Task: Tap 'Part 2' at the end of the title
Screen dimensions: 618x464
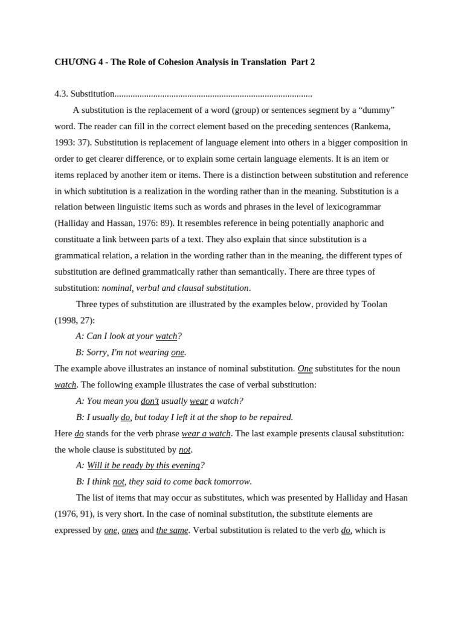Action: (x=303, y=62)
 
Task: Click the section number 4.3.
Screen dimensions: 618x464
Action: (x=61, y=94)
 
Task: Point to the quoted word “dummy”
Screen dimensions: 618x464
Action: (x=376, y=110)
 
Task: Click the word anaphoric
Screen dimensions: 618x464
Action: (x=364, y=223)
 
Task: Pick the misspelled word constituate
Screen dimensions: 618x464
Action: (x=77, y=240)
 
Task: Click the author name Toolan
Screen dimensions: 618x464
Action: (x=374, y=304)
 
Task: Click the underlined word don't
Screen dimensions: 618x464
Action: (x=150, y=401)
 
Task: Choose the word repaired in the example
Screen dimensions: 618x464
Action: (x=274, y=417)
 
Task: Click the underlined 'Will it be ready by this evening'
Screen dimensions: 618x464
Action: (x=143, y=465)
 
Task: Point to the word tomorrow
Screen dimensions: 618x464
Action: (x=230, y=482)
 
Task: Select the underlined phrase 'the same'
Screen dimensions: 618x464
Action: (x=172, y=530)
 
